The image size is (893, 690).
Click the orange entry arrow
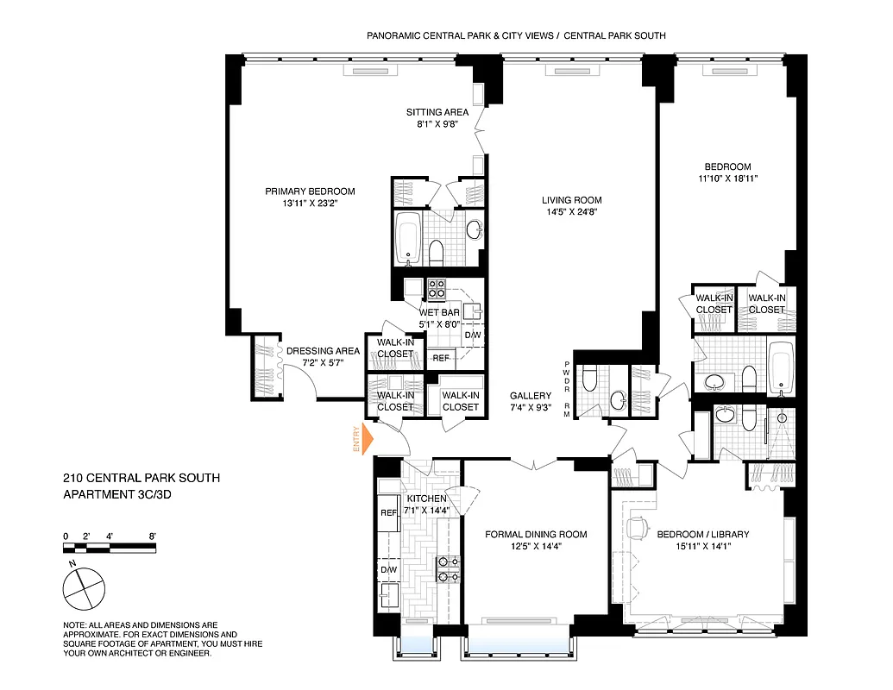tap(366, 439)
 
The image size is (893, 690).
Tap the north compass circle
tap(84, 590)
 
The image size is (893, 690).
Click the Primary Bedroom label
tap(310, 191)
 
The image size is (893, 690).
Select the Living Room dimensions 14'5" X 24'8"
tap(572, 212)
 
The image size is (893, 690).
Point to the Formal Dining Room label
tap(536, 535)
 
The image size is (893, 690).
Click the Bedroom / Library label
tap(703, 535)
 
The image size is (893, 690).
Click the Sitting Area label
tap(437, 112)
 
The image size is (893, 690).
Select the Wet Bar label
tap(439, 312)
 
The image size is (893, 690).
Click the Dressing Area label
tap(323, 351)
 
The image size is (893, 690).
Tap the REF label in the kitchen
tap(388, 513)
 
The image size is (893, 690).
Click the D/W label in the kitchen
tap(388, 569)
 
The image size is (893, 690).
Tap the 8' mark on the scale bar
tap(153, 536)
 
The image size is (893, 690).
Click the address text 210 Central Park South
tap(141, 478)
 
